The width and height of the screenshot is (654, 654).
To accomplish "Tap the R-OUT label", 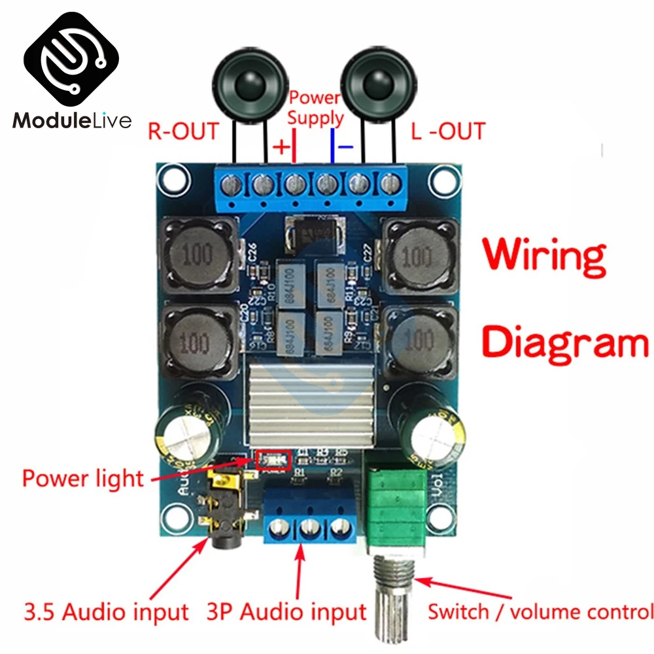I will tap(182, 131).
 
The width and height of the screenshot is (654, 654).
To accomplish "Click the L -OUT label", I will tap(448, 131).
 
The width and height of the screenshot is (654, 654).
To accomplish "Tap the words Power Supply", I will tap(315, 108).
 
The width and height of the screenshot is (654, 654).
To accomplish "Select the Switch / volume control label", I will tap(540, 612).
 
